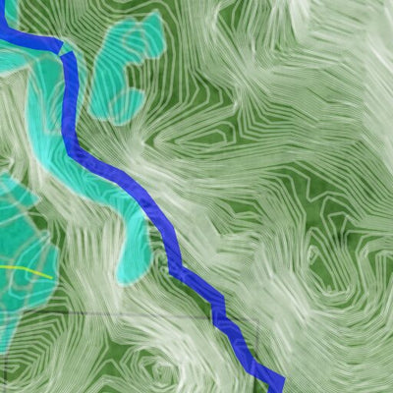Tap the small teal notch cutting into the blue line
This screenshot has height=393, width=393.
[x=65, y=46]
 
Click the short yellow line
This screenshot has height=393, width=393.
[x=25, y=267]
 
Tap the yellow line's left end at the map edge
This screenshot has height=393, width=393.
[x=2, y=265]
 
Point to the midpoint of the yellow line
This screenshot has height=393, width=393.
[x=27, y=267]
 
